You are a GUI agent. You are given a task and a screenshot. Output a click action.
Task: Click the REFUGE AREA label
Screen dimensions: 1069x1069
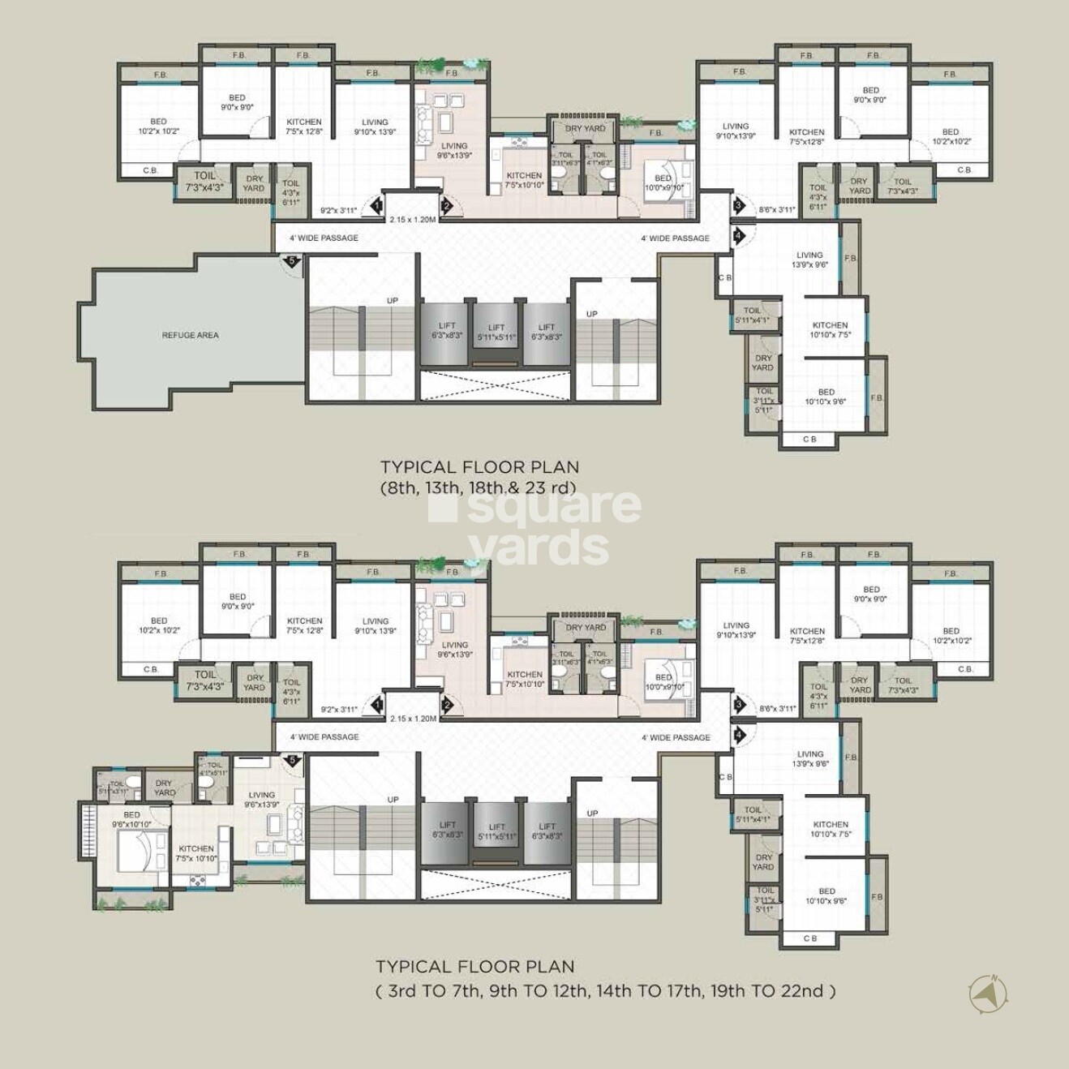pos(190,335)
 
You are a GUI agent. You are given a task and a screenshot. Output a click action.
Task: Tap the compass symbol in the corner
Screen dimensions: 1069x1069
pos(988,993)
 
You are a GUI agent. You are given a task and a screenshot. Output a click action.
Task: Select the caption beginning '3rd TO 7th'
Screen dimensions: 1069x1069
pos(605,990)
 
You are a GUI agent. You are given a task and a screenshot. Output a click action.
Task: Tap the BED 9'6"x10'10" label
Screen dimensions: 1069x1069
pos(131,819)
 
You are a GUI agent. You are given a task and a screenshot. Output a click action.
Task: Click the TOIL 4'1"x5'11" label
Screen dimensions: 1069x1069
pos(214,769)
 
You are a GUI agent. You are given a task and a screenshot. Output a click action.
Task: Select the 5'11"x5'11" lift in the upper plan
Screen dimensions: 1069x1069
pos(496,333)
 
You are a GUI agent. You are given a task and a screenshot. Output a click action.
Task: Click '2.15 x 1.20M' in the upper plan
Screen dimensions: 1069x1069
pos(413,219)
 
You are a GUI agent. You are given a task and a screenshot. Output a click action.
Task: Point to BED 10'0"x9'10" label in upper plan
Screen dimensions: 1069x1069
pos(663,182)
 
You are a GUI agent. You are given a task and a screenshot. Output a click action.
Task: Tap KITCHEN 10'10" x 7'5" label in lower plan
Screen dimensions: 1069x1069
pos(831,829)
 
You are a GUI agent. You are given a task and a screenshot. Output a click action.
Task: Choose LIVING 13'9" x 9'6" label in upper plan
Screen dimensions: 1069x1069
pos(809,260)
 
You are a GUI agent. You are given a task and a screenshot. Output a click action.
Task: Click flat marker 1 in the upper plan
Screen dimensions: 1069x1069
pos(376,207)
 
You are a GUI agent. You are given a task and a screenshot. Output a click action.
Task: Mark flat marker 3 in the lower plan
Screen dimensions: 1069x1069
pos(738,705)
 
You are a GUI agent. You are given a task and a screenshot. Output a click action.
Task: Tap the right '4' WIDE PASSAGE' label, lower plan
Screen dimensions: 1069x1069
pos(675,737)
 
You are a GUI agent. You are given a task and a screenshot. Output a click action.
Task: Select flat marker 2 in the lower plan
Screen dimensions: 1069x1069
pos(446,706)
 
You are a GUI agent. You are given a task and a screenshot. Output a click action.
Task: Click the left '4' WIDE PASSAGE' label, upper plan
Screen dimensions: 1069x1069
pos(323,238)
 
